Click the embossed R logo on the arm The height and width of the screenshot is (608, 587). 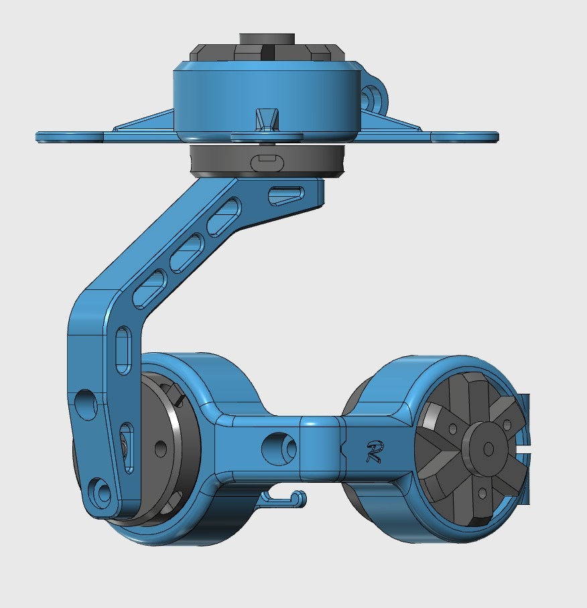click(x=373, y=452)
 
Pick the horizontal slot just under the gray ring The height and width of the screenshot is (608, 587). click(x=285, y=195)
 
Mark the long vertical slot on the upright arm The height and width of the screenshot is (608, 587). click(x=124, y=350)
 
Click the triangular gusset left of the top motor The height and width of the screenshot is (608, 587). click(x=144, y=121)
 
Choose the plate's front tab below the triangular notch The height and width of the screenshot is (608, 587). click(x=267, y=137)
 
